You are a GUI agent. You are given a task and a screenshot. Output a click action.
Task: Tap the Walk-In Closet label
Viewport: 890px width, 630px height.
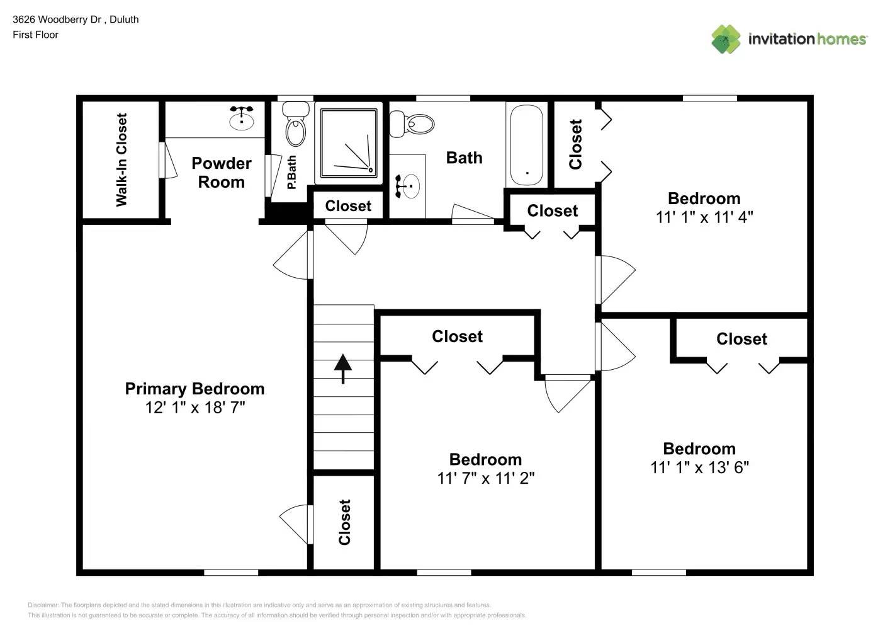[x=121, y=160]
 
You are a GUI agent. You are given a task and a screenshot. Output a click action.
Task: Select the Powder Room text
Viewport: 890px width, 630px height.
[x=222, y=173]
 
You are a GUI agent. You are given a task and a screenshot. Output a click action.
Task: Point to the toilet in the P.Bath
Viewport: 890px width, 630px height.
[x=296, y=126]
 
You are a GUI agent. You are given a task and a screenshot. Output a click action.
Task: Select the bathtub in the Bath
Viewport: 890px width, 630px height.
[x=527, y=146]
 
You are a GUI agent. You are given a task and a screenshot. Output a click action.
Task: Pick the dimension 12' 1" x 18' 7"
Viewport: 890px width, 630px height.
[x=195, y=408]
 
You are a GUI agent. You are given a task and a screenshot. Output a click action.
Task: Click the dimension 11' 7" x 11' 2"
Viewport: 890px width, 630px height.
[x=486, y=478]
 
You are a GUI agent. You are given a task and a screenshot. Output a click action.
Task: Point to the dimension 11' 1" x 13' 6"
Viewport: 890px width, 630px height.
[x=699, y=467]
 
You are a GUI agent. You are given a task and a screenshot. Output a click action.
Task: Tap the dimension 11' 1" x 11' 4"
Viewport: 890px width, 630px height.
[x=704, y=217]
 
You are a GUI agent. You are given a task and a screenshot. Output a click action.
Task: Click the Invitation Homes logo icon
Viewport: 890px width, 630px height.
[x=726, y=39]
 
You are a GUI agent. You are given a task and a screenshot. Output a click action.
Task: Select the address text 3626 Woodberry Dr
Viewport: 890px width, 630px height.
[x=57, y=20]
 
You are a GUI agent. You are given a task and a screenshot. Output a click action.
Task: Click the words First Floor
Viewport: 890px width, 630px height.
[x=35, y=35]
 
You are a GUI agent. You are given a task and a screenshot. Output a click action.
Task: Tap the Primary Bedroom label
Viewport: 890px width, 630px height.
[x=194, y=389]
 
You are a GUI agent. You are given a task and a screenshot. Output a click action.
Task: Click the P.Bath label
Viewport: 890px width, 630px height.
[x=291, y=173]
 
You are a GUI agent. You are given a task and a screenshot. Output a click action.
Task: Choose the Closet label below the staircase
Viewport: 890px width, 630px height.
[x=344, y=522]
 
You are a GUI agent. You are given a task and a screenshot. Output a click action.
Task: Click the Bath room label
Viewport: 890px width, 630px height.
[x=465, y=157]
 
